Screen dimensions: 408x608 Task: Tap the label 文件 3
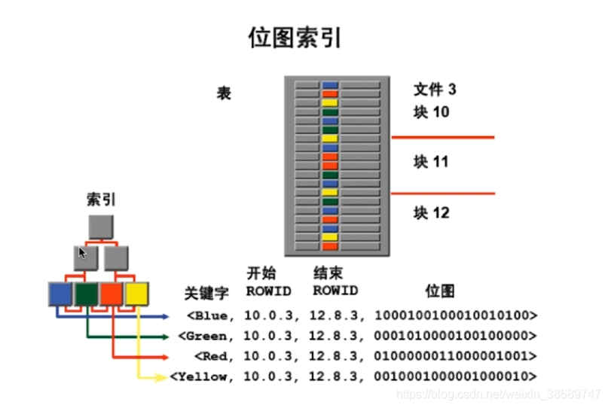click(435, 90)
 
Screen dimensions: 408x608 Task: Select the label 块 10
click(431, 112)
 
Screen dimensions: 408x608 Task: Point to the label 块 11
click(431, 162)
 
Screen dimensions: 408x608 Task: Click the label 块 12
click(431, 213)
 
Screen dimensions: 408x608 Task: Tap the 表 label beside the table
click(224, 93)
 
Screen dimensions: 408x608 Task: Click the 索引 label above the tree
click(101, 199)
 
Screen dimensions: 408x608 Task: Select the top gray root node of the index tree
click(101, 227)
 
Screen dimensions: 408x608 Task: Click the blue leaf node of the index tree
click(60, 294)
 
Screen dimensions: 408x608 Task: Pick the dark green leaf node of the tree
click(87, 294)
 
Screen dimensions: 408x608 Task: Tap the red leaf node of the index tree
click(112, 294)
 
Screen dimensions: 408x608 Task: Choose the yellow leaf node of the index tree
click(137, 294)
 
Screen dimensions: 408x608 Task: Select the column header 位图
click(440, 291)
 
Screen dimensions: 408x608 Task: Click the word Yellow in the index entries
click(201, 376)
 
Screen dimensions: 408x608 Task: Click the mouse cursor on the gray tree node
click(82, 252)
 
